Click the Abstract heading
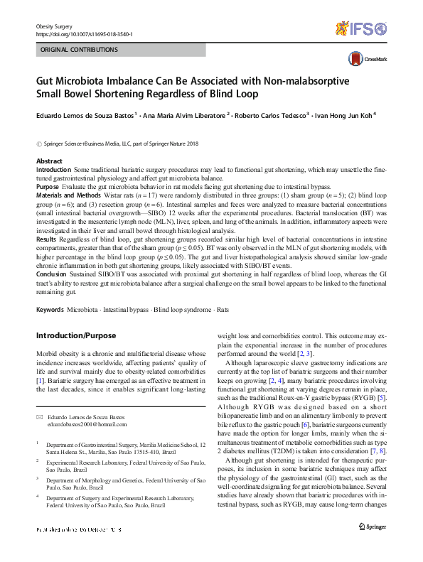coord(49,161)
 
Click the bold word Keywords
coord(50,310)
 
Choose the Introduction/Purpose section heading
coord(77,335)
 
